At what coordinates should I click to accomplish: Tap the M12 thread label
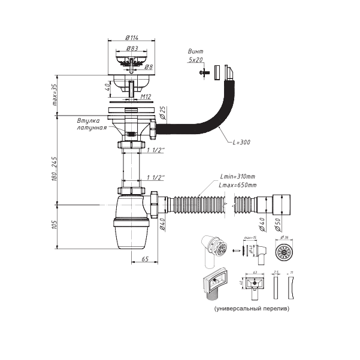pos(144,96)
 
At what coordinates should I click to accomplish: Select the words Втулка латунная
pos(92,125)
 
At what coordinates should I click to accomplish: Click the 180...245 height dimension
pos(55,170)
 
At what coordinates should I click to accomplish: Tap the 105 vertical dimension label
pos(55,225)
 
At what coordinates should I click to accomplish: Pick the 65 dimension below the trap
pos(145,259)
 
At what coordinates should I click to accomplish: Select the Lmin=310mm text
pos(237,177)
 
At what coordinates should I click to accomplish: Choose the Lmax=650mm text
pos(238,185)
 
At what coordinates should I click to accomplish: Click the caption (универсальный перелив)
pos(250,309)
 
